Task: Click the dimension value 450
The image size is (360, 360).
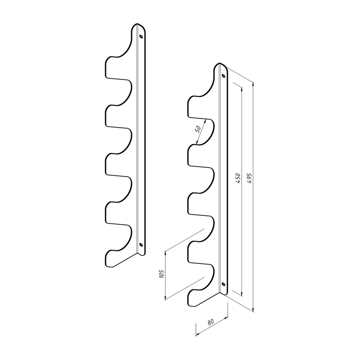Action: click(238, 178)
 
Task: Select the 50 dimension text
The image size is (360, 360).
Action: click(198, 129)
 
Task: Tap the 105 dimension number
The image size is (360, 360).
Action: click(162, 274)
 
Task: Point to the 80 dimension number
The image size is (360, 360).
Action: click(211, 322)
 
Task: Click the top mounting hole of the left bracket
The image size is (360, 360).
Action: click(141, 36)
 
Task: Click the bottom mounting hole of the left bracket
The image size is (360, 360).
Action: click(141, 245)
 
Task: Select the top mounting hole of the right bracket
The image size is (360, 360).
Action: click(223, 76)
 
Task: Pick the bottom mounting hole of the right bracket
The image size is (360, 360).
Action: click(223, 284)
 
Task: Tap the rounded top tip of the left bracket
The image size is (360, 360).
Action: click(137, 24)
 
